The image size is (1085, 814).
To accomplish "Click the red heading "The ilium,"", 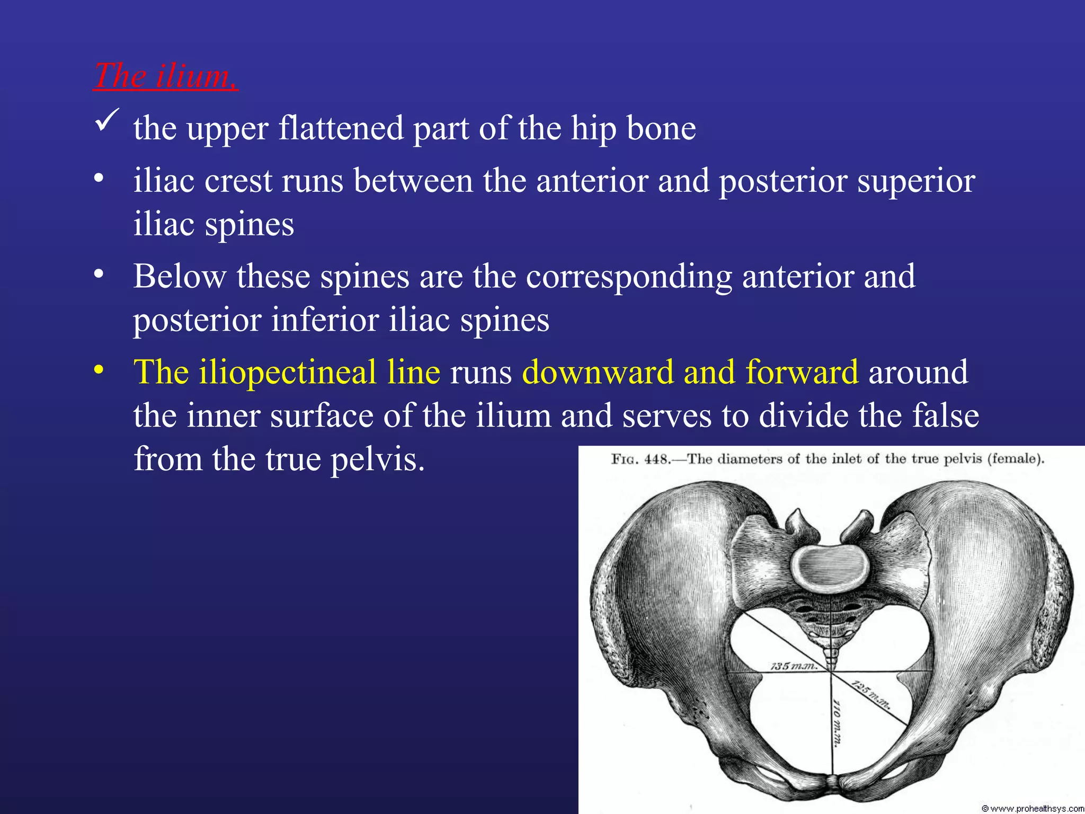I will click(165, 76).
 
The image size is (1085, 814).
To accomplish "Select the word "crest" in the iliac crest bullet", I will click(238, 181).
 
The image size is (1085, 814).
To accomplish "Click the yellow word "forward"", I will click(802, 372).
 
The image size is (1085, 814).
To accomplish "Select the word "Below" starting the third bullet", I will click(180, 277).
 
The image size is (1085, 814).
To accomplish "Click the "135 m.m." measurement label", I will click(793, 666).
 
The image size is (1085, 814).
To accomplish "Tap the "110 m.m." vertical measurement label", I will click(837, 723).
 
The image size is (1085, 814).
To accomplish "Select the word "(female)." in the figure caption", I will click(1015, 459).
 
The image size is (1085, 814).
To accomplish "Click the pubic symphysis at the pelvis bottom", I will click(832, 782).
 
